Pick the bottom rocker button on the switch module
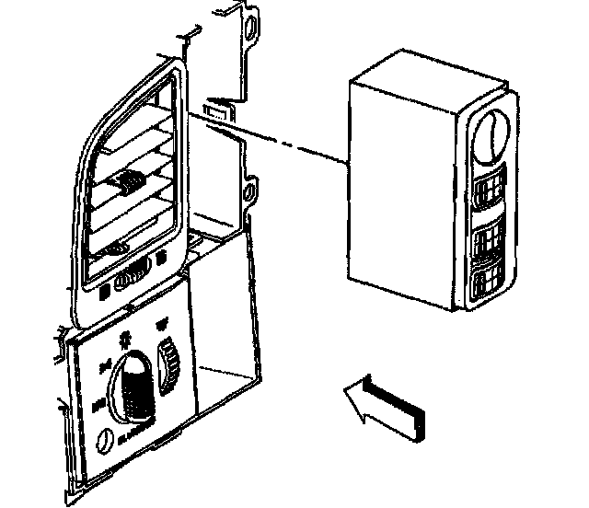tap(490, 286)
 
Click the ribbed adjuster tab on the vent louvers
tap(127, 185)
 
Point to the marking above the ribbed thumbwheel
tap(163, 324)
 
